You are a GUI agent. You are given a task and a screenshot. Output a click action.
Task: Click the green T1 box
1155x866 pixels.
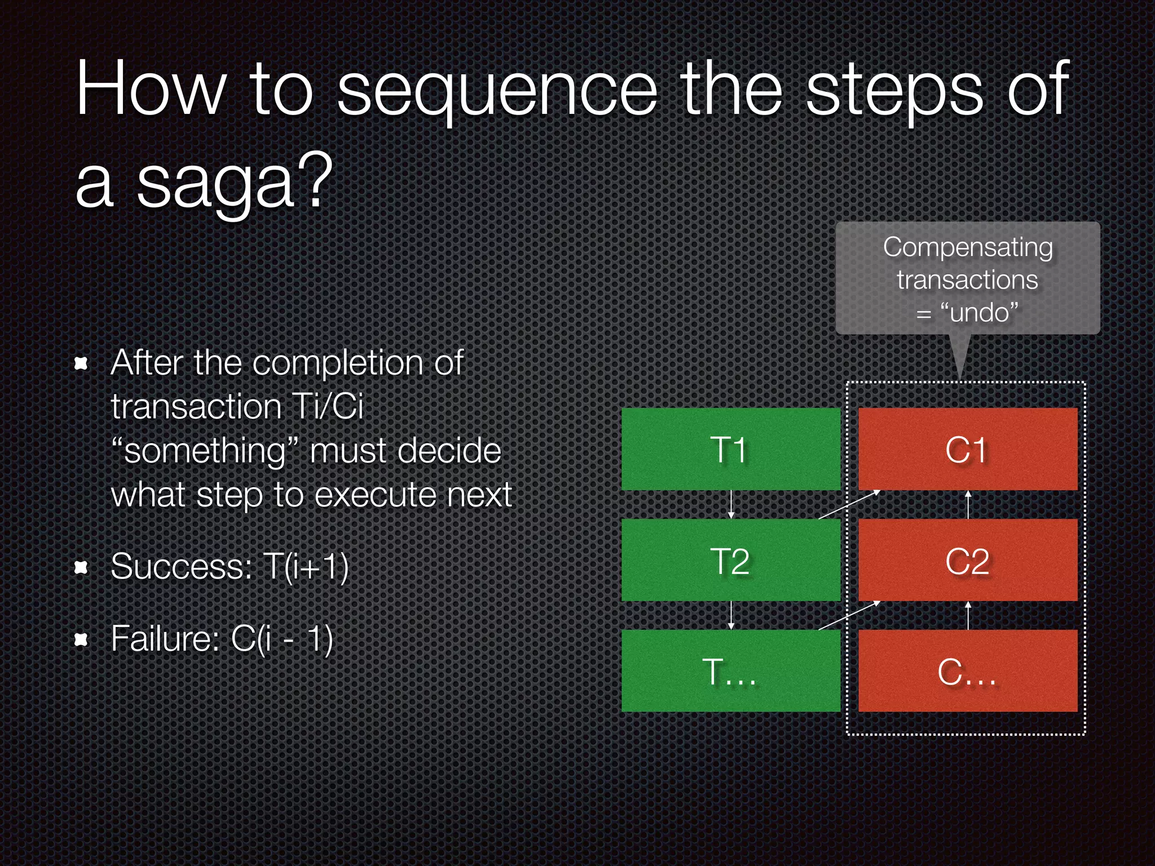click(730, 449)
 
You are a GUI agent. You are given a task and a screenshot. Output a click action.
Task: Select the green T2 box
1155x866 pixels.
click(730, 560)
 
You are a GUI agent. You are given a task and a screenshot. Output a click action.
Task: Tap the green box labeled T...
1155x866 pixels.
click(730, 671)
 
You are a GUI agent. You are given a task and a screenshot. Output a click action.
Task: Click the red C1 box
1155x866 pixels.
click(967, 449)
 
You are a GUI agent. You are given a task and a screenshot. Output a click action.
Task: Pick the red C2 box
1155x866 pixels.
click(967, 560)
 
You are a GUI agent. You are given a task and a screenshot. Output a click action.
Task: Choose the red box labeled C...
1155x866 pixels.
click(967, 671)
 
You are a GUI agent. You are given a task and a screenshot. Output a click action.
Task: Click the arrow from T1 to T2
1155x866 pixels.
click(731, 505)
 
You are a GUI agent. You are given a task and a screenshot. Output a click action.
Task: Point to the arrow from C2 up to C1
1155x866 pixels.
click(968, 505)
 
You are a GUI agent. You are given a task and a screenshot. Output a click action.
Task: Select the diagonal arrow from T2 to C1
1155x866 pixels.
click(849, 504)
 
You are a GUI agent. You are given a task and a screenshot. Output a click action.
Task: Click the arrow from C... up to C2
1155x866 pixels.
click(968, 616)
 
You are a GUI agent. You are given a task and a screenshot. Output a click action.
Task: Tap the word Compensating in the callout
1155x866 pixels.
click(968, 248)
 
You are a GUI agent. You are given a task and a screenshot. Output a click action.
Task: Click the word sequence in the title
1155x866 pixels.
click(497, 90)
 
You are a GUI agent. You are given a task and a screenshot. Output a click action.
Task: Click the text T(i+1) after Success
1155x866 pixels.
click(306, 567)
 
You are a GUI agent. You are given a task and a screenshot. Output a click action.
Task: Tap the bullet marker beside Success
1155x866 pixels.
click(82, 567)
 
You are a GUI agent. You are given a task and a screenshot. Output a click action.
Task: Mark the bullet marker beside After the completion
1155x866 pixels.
click(82, 364)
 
